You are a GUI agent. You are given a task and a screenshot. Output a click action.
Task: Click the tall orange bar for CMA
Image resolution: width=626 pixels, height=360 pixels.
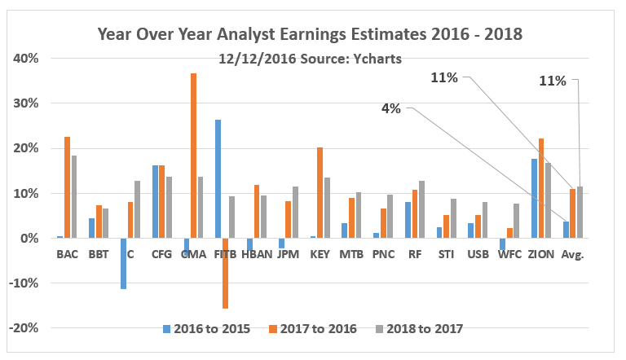click(193, 156)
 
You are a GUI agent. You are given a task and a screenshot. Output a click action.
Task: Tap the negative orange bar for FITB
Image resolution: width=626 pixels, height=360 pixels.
click(225, 273)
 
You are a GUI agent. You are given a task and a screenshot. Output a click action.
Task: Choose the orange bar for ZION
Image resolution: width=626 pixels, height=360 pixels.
click(543, 188)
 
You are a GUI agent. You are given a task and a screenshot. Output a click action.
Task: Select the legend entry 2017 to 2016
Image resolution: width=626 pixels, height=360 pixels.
click(314, 328)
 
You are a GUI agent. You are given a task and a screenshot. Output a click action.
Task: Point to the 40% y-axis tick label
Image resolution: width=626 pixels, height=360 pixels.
click(26, 59)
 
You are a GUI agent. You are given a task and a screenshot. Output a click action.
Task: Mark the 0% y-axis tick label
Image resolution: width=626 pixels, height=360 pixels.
click(29, 239)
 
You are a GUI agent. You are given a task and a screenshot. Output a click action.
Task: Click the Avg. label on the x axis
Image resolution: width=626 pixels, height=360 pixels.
click(575, 254)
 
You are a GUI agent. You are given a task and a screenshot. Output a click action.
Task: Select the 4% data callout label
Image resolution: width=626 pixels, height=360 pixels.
click(391, 108)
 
